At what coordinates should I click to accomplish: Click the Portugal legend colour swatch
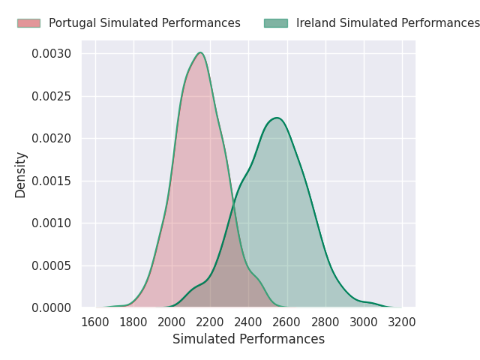[28, 23]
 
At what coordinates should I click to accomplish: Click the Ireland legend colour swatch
[275, 23]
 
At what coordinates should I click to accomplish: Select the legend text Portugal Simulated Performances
[144, 23]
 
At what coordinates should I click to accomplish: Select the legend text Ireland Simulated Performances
[388, 23]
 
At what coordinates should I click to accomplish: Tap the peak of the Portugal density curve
[200, 52]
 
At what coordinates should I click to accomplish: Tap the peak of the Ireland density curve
[277, 118]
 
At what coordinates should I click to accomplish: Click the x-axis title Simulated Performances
[248, 339]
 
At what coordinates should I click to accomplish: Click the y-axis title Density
[21, 175]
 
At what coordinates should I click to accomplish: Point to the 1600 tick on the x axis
[95, 322]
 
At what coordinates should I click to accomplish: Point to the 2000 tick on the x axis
[172, 322]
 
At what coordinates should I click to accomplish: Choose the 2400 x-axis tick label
[248, 322]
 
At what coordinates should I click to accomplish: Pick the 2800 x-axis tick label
[325, 322]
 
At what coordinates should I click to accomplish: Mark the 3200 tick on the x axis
[402, 322]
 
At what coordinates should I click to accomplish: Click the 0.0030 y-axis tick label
[52, 54]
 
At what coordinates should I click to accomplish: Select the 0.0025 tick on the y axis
[52, 96]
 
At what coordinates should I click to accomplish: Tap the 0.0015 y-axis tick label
[52, 181]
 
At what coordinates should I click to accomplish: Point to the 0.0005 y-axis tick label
[52, 265]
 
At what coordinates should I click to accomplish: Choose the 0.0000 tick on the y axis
[52, 307]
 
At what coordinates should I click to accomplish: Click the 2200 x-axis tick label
[210, 322]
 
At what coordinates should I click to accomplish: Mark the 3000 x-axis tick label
[364, 322]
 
